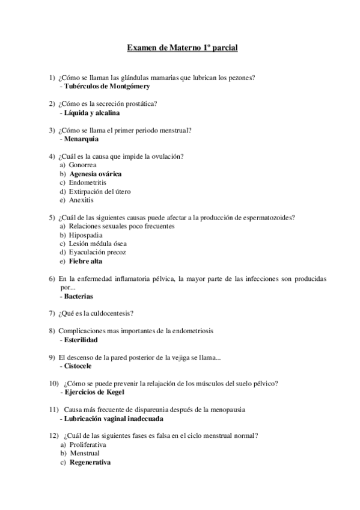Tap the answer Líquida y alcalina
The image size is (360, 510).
click(92, 112)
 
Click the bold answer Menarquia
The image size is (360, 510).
click(81, 139)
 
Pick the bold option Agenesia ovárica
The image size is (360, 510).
click(96, 174)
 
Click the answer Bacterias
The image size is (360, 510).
click(79, 296)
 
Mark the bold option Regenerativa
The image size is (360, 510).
click(90, 462)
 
